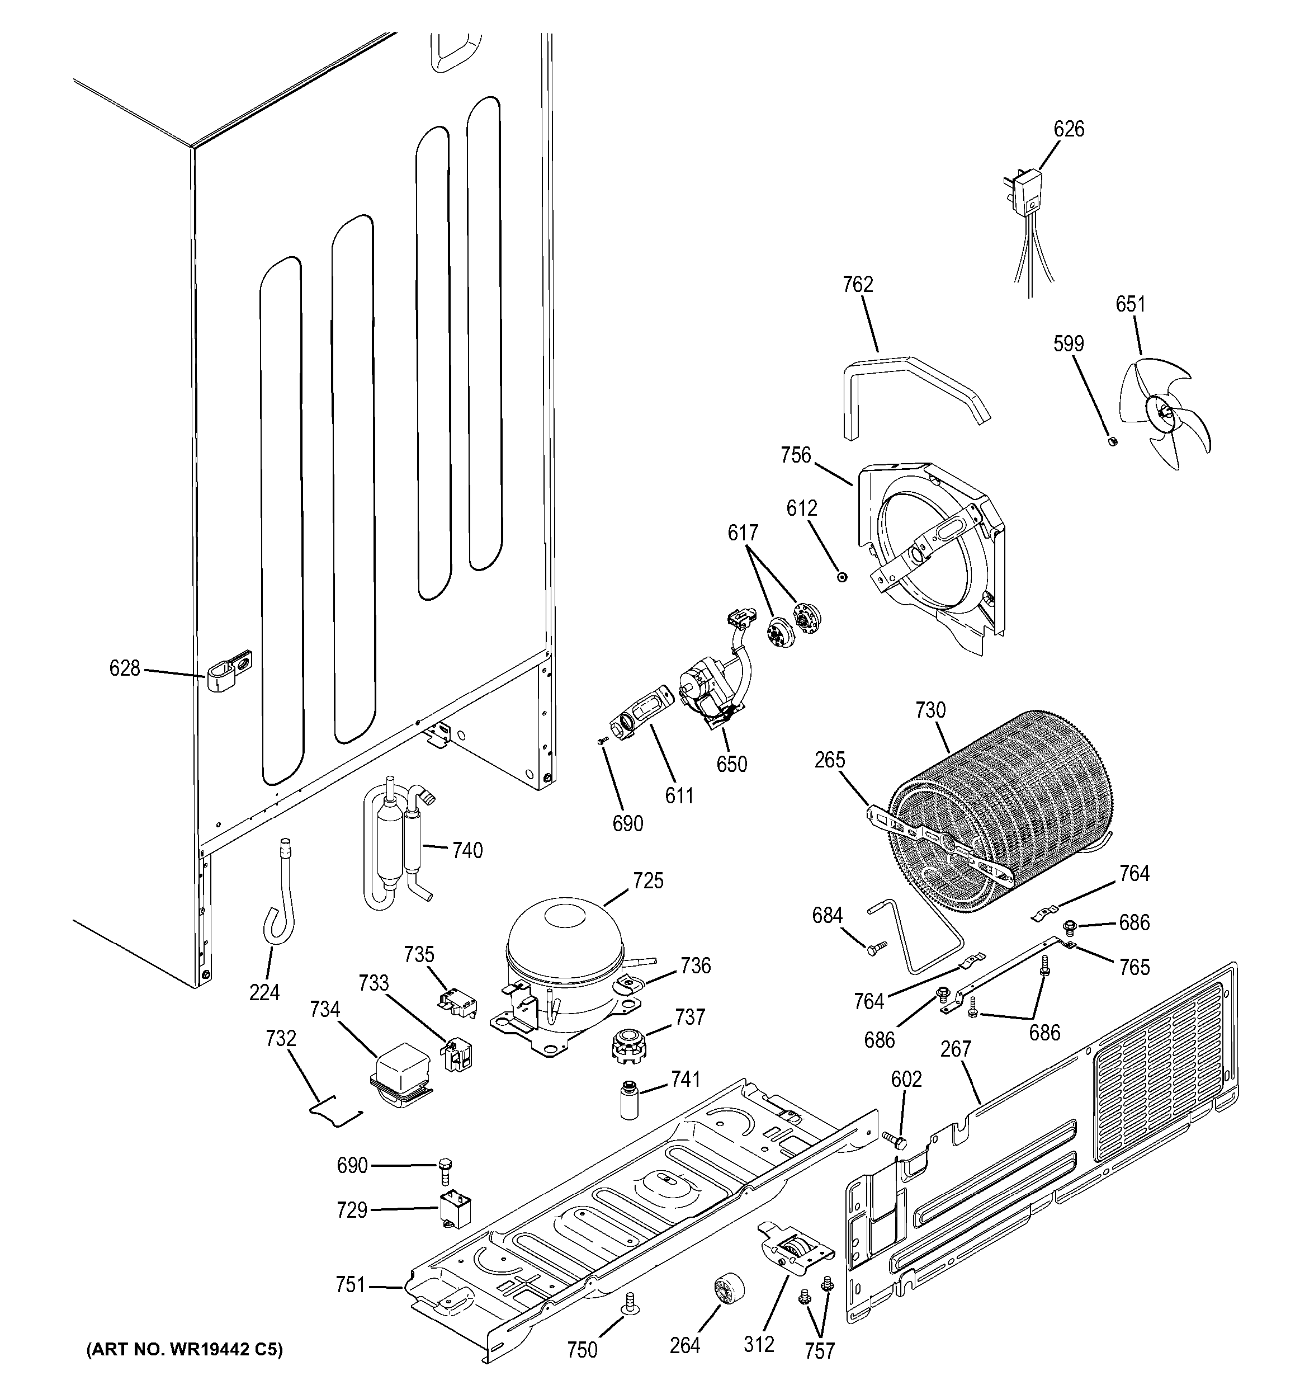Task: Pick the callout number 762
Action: [857, 285]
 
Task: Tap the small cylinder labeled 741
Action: [631, 1099]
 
